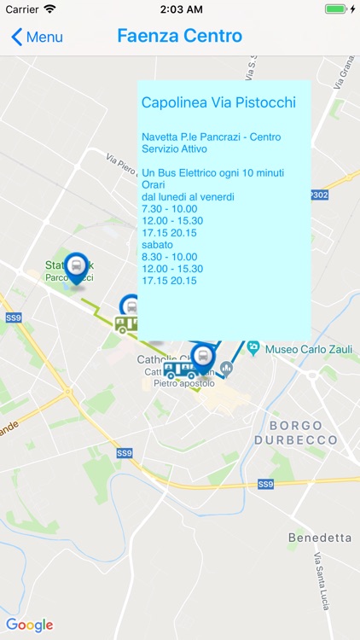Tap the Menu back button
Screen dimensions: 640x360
click(37, 37)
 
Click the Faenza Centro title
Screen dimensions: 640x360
click(179, 36)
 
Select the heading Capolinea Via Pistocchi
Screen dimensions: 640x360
click(218, 103)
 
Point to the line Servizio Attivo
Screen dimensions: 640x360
click(174, 148)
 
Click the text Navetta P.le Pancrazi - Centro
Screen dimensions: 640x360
click(211, 137)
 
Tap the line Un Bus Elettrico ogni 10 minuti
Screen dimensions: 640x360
click(212, 172)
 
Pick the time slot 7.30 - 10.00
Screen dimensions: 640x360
click(169, 208)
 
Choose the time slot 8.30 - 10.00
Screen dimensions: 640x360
click(169, 256)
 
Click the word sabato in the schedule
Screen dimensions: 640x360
click(157, 244)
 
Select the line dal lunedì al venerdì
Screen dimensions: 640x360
click(188, 196)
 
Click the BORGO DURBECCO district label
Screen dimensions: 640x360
click(295, 433)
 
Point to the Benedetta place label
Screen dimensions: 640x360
click(320, 538)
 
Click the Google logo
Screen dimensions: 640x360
click(30, 625)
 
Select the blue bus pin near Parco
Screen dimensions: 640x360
click(77, 268)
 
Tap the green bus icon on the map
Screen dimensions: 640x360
click(126, 324)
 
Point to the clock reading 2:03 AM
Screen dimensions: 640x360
click(179, 9)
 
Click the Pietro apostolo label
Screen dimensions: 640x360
click(183, 384)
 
